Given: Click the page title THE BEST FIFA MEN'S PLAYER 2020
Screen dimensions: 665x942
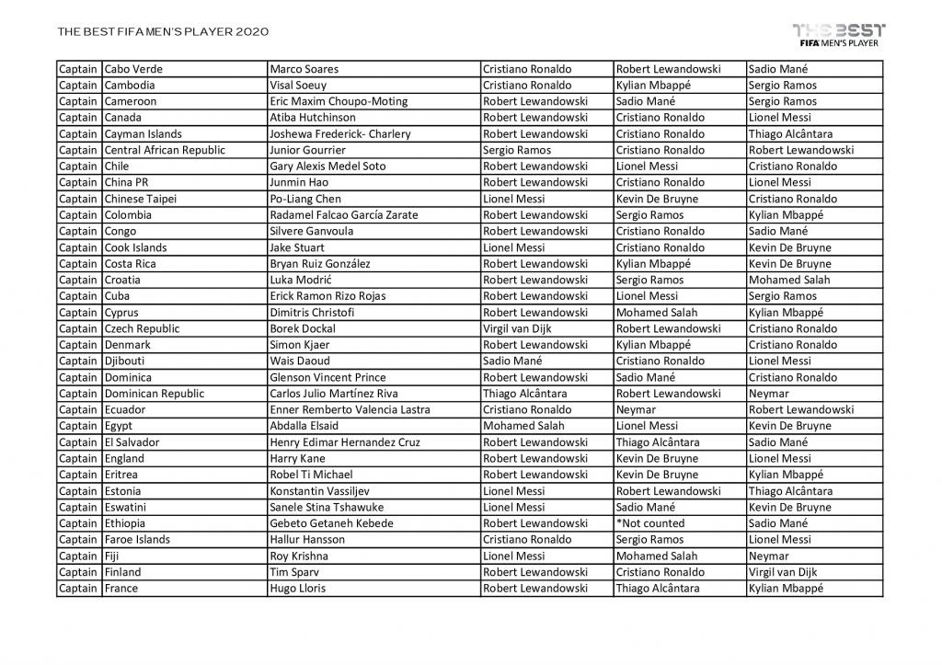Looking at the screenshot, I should pos(163,31).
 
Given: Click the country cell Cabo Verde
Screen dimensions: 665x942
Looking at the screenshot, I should pos(133,69).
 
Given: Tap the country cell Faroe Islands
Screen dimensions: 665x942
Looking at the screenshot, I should pos(137,540).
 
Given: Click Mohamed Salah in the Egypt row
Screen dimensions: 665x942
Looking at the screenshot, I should pos(519,426).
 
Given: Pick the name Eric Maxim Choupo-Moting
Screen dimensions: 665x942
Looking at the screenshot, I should pos(338,101).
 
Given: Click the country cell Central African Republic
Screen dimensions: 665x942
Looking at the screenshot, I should pos(165,150).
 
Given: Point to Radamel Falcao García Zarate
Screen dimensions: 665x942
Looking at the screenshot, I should pos(343,215).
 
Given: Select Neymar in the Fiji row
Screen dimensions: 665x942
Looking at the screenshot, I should pos(768,556).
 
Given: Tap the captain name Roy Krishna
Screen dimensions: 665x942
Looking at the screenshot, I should pos(298,556).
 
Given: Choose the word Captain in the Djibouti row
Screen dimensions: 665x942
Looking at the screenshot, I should pos(78,361).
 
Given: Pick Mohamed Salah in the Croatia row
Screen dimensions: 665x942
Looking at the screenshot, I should pos(789,280).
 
